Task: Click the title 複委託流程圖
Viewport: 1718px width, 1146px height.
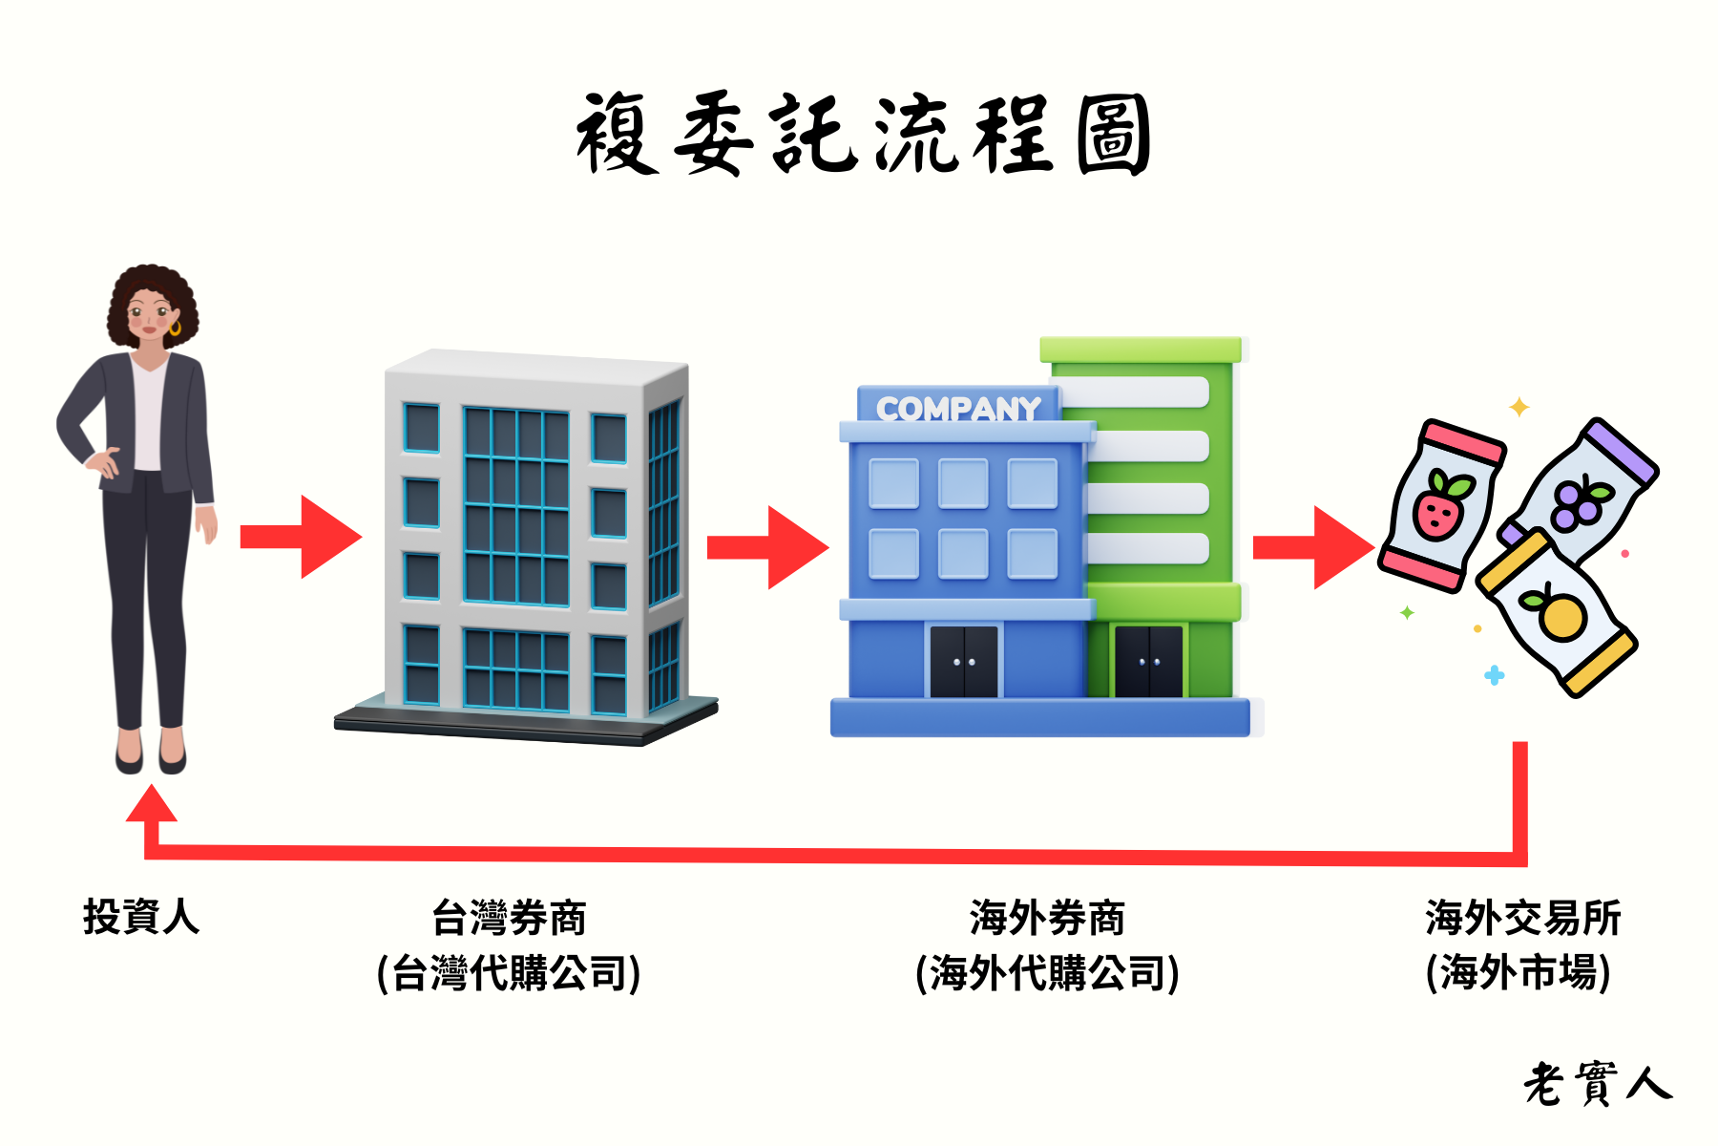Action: click(864, 135)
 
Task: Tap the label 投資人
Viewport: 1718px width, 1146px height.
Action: click(141, 917)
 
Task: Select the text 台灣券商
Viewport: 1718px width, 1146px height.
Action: click(509, 918)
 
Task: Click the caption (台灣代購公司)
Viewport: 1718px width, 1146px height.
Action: click(509, 973)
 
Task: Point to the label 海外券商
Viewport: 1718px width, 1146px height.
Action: click(1047, 918)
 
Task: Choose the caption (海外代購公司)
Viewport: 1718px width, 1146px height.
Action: click(1047, 973)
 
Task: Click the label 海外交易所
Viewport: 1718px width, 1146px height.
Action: click(1522, 918)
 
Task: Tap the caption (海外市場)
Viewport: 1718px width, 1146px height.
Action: click(1518, 973)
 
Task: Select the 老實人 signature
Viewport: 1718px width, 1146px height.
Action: click(1597, 1084)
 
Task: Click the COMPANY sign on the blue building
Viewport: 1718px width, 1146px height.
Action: click(958, 409)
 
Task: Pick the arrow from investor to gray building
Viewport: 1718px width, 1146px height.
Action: click(302, 537)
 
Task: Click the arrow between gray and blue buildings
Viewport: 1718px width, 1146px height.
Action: click(768, 547)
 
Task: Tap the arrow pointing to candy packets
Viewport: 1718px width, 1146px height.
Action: click(1314, 547)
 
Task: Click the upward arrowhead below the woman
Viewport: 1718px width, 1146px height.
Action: click(152, 805)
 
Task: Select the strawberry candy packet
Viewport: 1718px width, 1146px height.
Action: click(1441, 504)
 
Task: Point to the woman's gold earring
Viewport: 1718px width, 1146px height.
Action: click(175, 329)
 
